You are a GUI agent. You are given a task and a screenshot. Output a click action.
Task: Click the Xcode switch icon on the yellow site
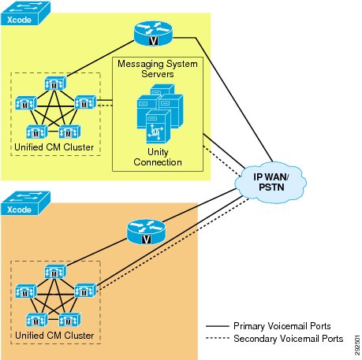[x=25, y=13]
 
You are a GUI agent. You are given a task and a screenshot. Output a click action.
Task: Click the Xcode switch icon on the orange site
[x=25, y=203]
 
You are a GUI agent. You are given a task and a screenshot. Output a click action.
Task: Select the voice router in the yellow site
[x=153, y=33]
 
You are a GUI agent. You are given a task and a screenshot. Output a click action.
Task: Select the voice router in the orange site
[x=146, y=232]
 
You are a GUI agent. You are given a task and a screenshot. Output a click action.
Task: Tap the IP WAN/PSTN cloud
[x=271, y=182]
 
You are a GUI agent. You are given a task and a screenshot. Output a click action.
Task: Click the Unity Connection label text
[x=158, y=157]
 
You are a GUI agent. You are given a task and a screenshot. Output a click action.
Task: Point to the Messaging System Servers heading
[x=158, y=69]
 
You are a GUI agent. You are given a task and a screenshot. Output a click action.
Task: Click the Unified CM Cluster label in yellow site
[x=54, y=147]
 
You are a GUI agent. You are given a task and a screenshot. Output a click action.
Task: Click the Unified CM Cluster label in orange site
[x=54, y=336]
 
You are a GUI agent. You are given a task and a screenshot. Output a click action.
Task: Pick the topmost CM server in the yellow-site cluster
[x=54, y=84]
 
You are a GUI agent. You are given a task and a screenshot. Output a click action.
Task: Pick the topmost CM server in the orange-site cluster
[x=54, y=272]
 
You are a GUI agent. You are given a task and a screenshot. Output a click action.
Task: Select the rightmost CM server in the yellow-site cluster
[x=85, y=102]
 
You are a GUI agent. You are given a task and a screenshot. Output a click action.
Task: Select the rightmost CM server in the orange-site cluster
[x=85, y=291]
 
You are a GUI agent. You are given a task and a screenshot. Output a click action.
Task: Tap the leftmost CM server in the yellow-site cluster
[x=25, y=103]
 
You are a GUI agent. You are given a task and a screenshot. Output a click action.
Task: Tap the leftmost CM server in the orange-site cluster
[x=25, y=291]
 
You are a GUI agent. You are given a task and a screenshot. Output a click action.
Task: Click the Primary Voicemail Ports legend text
[x=282, y=326]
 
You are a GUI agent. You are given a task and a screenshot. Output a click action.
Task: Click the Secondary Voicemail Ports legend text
[x=289, y=339]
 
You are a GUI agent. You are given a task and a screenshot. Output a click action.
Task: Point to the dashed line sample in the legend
[x=218, y=338]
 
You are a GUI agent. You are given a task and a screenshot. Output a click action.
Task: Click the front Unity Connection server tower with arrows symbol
[x=158, y=127]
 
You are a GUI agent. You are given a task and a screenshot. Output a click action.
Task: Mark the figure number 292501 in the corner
[x=357, y=345]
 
